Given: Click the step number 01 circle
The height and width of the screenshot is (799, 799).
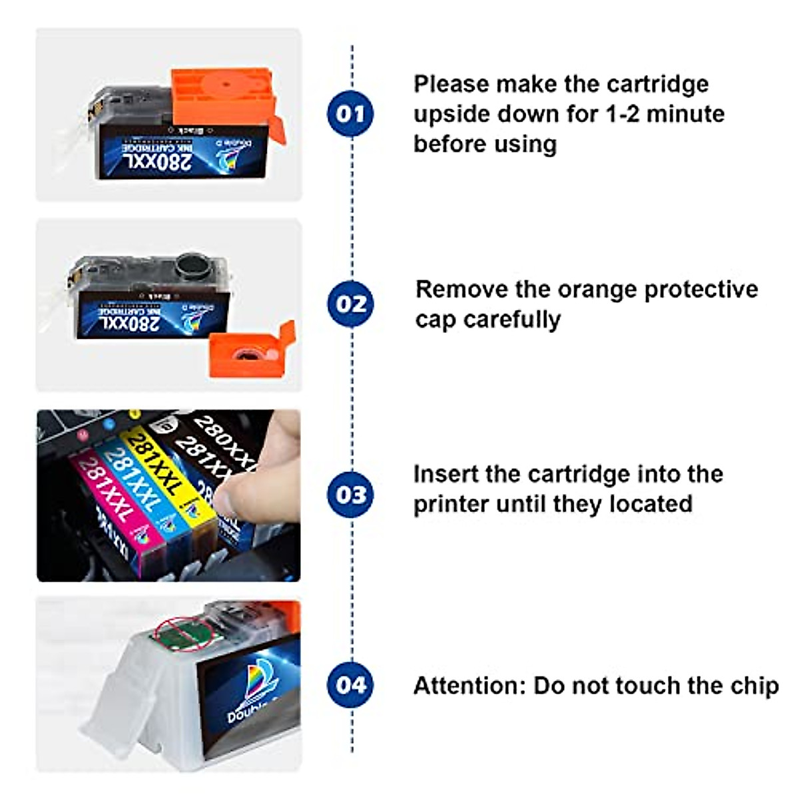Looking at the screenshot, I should (350, 113).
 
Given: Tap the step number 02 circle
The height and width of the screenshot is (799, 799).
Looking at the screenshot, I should (350, 304).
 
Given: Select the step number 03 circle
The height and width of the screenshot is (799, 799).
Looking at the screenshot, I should (350, 495).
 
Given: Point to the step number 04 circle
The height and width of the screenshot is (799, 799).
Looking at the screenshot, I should (350, 684).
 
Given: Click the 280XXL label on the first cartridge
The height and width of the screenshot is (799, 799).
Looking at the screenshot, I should (156, 160).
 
